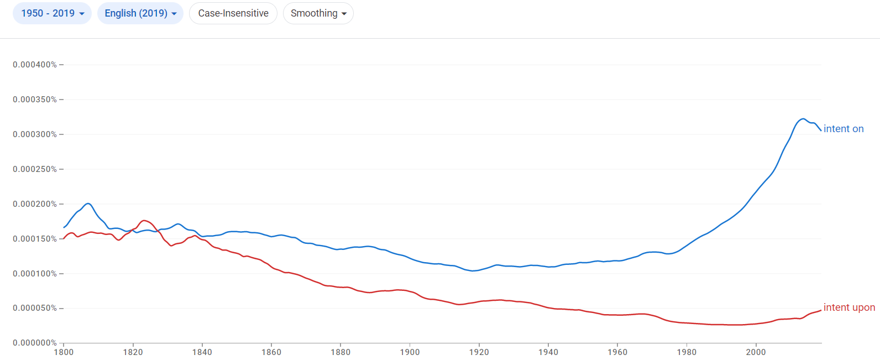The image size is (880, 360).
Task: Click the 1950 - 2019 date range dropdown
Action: pos(52,13)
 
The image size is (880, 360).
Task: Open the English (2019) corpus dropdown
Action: pos(140,13)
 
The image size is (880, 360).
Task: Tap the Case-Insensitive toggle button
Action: pos(233,13)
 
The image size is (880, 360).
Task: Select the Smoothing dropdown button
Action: pos(318,13)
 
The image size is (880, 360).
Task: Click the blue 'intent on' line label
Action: pos(844,129)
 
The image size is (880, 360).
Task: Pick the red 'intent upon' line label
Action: pos(849,307)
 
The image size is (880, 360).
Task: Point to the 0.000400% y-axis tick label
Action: pos(35,65)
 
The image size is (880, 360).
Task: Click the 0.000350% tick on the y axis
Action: pos(35,100)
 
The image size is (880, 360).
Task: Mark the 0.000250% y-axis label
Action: pos(35,169)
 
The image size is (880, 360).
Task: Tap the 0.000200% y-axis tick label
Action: pos(35,204)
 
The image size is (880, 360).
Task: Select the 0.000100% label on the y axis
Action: pos(35,274)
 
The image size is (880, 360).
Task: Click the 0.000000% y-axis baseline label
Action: pos(35,343)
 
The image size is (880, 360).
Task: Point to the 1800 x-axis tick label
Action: pos(64,352)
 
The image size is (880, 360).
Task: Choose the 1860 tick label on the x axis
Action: pos(271,352)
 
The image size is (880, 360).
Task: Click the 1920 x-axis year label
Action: pos(479,352)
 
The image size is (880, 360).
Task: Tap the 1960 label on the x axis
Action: pos(617,352)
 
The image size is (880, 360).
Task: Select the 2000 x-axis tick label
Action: pos(756,352)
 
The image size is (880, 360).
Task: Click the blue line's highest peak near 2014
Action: pos(803,119)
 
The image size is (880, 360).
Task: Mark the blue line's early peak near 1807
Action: pos(88,204)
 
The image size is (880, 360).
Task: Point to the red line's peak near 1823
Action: pos(145,221)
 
